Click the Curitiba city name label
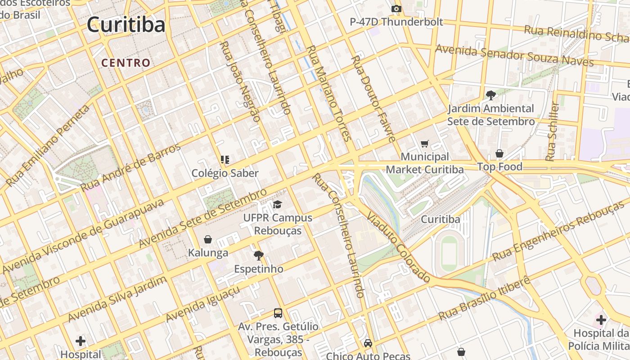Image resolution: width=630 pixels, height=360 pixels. (126, 24)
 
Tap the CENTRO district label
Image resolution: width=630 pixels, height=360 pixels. (126, 63)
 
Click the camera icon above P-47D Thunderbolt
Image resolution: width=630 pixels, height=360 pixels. (396, 9)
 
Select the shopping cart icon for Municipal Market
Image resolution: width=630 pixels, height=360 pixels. (424, 144)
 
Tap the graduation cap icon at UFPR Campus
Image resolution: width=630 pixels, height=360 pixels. (277, 205)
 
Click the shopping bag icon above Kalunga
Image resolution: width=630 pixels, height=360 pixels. (208, 239)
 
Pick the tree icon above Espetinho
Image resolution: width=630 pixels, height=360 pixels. (258, 256)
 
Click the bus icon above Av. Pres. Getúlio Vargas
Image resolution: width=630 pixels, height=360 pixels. (278, 313)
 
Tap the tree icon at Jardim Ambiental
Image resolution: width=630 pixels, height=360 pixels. (490, 95)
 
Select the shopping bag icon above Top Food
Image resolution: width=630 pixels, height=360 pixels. (499, 153)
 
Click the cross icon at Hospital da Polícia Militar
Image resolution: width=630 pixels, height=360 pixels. (601, 320)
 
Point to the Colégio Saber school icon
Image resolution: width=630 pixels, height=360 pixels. (225, 159)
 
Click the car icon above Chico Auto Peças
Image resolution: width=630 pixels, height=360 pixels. (368, 343)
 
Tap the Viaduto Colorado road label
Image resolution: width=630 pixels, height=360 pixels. (399, 247)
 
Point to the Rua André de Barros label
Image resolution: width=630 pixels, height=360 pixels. (130, 167)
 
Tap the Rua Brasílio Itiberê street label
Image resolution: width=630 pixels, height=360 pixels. (484, 299)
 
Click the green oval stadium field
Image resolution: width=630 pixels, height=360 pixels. (449, 252)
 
